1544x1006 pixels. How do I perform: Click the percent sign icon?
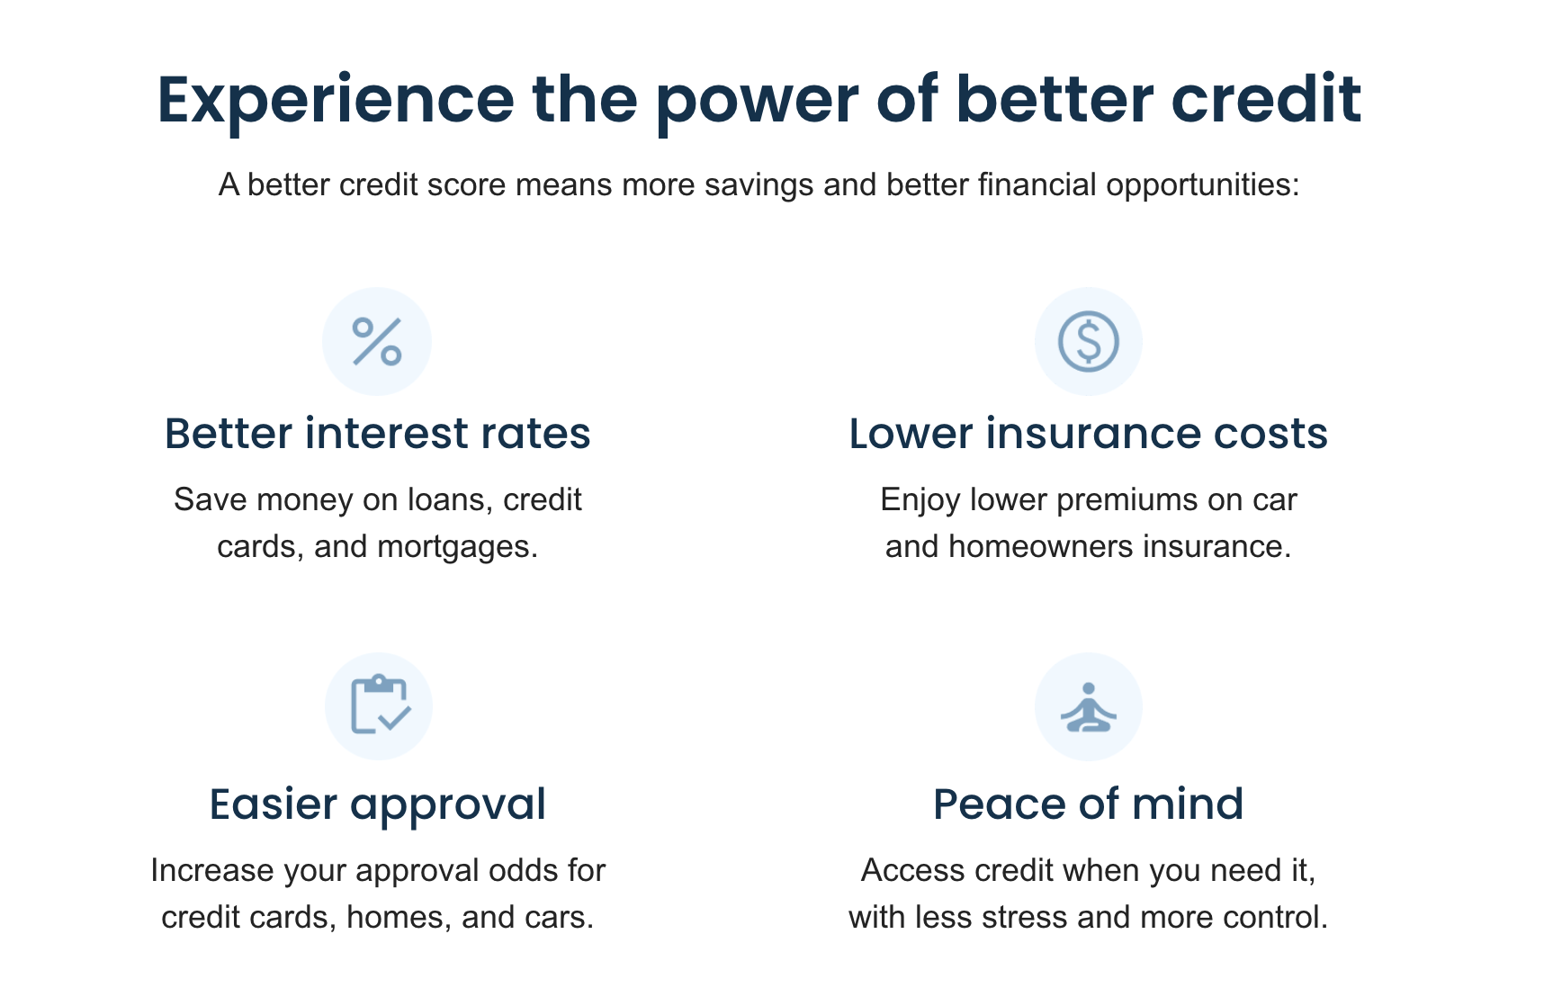(x=377, y=342)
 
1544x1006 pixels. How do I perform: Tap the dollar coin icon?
(x=1088, y=342)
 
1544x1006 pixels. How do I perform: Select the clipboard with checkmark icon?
(x=379, y=705)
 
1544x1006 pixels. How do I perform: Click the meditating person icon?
(x=1088, y=707)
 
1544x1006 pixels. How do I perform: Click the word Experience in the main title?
(x=335, y=100)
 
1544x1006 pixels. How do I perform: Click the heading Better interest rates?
(x=377, y=434)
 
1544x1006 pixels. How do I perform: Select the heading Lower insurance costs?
(x=1088, y=434)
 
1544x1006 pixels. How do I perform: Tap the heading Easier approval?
(x=377, y=804)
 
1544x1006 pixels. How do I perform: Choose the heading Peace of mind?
(x=1088, y=804)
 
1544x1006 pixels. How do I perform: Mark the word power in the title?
(x=757, y=100)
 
